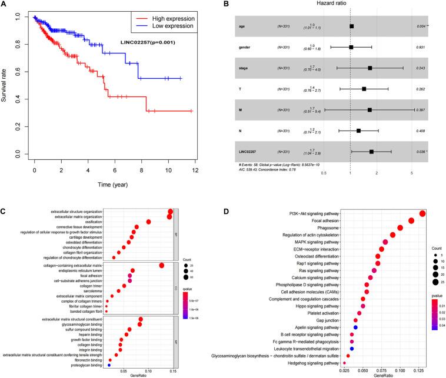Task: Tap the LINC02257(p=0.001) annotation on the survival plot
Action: [149, 42]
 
